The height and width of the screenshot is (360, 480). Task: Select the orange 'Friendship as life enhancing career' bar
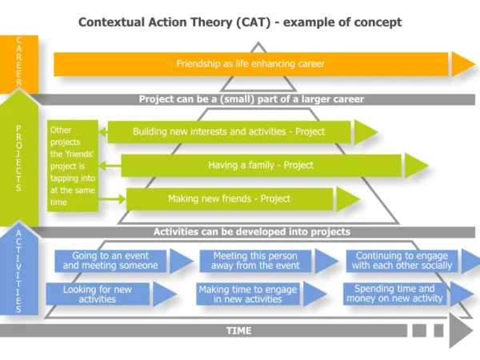250,64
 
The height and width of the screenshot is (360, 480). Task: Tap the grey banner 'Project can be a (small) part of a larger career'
251,99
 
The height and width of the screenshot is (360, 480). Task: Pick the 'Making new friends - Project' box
229,199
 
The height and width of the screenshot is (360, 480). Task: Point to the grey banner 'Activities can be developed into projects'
251,232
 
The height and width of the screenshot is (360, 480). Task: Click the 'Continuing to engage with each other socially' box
402,261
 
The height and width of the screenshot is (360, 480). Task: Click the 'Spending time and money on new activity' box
394,294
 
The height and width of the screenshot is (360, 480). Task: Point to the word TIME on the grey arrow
238,330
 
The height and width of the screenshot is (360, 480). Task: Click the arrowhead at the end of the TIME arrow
460,330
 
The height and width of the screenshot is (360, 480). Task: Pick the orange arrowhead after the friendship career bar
462,64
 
